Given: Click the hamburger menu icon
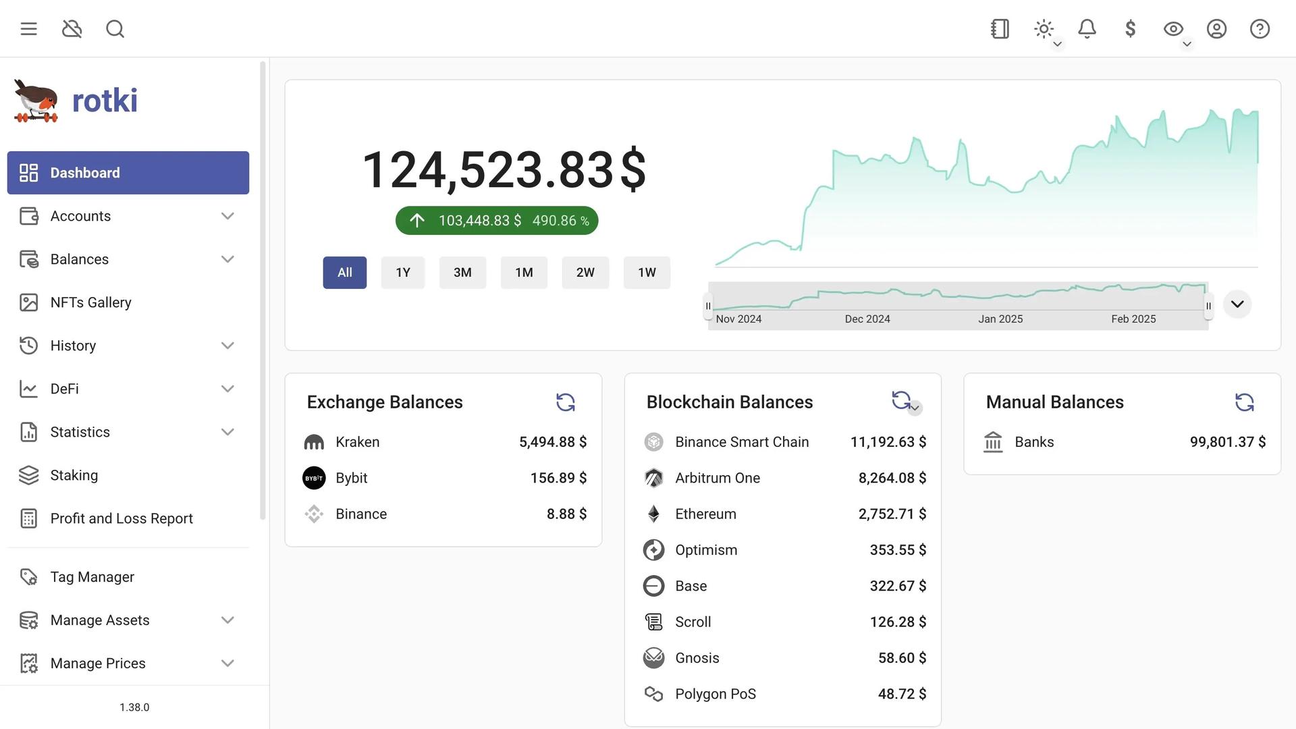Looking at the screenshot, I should point(28,29).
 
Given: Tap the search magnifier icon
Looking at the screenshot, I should point(115,29).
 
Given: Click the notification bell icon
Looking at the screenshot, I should point(1087,29).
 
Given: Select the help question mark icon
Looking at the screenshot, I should point(1260,29).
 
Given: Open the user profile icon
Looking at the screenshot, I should point(1216,29).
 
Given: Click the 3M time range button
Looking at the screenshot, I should point(462,273).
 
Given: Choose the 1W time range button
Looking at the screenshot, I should point(647,273).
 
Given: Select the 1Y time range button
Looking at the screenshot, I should point(403,273).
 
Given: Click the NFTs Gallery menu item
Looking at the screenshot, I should point(90,302).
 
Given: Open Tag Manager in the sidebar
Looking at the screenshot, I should point(92,577).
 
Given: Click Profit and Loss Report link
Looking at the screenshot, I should point(122,518).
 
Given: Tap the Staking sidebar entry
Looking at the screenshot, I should point(74,475).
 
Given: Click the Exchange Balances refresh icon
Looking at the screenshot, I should point(566,402).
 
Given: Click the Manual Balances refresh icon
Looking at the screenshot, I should point(1244,402).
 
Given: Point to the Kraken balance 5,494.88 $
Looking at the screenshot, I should point(553,442).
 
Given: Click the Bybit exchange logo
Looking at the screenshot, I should point(314,478).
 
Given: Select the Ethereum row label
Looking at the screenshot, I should point(705,514).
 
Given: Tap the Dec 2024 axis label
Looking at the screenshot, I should point(867,319).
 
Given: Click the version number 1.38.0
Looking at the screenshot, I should point(134,707).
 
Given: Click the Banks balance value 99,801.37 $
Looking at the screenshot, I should point(1227,442).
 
